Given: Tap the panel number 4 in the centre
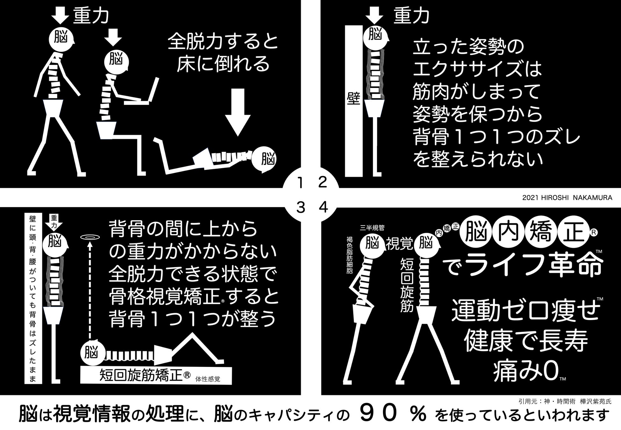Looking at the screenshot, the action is click(323, 208).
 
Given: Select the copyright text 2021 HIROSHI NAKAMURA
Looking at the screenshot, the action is click(567, 198).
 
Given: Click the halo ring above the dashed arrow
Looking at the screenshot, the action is click(90, 237).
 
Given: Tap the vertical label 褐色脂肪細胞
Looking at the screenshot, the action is click(350, 255).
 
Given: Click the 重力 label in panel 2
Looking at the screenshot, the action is click(411, 16).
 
